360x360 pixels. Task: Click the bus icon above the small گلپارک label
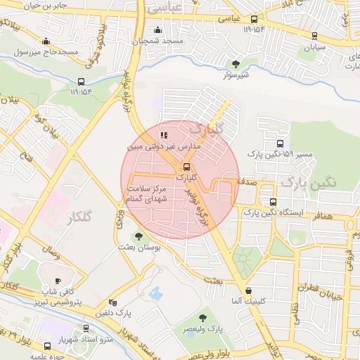click(186, 167)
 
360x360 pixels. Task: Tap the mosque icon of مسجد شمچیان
click(157, 30)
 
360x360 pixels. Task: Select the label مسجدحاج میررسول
click(46, 51)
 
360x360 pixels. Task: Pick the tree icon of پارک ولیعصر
click(204, 318)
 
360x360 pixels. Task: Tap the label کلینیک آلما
click(247, 302)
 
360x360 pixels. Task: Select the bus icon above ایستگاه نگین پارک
click(272, 201)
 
